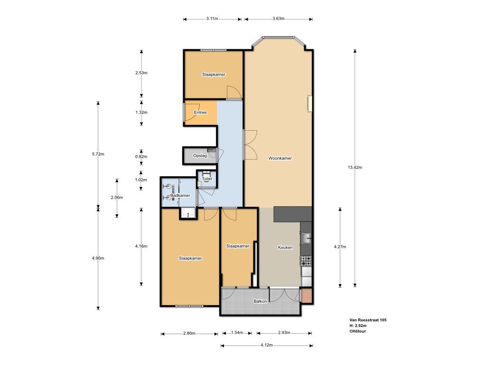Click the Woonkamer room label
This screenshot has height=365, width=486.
pos(280,158)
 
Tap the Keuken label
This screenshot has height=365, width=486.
pos(285,247)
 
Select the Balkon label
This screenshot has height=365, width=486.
pos(260,301)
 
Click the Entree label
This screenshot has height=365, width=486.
pos(200,112)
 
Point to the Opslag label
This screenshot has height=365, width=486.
pos(200,155)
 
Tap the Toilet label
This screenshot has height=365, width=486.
pos(207,179)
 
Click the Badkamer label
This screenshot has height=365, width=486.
pos(180,195)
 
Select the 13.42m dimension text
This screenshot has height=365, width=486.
pos(355,167)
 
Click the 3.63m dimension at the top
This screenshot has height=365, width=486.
pos(278,19)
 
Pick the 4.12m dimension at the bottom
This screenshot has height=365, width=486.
pos(267,345)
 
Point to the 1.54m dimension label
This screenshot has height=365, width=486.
pos(237,333)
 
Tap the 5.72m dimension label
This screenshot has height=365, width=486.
pos(98,154)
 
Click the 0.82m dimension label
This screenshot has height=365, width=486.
pos(141,156)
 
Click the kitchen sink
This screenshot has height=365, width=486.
pos(306,238)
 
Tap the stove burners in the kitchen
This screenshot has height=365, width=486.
pos(306,261)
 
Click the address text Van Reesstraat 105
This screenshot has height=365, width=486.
pos(368,320)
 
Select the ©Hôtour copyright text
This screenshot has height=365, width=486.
pos(358,331)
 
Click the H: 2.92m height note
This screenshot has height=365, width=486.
pos(358,326)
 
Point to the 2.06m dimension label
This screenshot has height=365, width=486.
pos(117,197)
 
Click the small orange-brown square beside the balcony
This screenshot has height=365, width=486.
pos(307,296)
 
